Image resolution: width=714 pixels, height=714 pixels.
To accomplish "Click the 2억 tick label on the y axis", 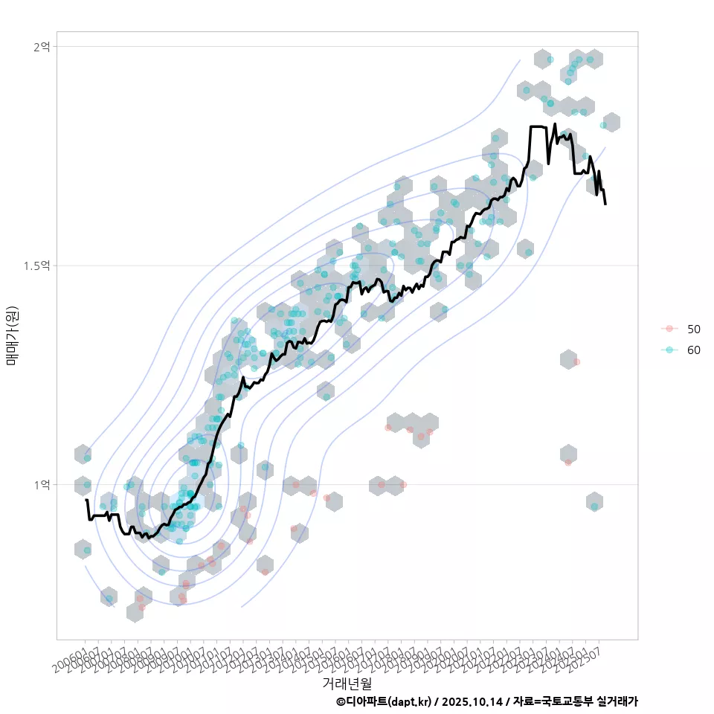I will point(42,46).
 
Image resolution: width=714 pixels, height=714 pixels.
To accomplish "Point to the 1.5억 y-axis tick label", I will point(38,266).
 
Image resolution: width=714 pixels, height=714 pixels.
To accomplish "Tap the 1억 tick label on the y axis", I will point(42,485).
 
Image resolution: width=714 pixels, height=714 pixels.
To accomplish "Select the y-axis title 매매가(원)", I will point(13,335).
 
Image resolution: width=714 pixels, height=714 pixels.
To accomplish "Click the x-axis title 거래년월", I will point(347,683).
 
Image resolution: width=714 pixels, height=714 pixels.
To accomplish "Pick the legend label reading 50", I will point(694,329).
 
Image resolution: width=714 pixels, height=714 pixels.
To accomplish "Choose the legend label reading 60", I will point(694,350).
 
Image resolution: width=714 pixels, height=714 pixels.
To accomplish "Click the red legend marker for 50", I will point(669,329).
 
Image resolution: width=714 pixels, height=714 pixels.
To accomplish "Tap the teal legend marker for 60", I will point(669,350).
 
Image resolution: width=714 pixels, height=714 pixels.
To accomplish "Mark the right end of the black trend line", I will point(605,204).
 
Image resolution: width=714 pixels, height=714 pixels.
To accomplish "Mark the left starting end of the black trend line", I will point(86,500).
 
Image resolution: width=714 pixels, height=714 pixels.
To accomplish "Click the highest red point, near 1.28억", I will point(576,361).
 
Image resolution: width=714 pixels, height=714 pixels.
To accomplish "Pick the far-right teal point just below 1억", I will point(594,506).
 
